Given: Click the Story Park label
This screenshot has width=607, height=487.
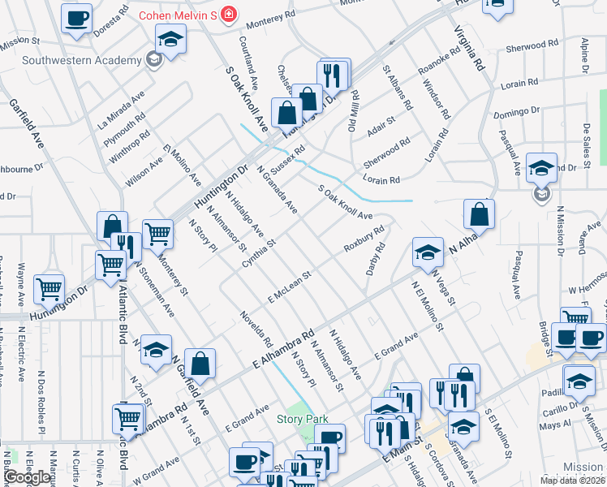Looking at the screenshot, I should (302, 419).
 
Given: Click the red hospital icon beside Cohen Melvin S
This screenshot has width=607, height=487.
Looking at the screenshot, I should (229, 15).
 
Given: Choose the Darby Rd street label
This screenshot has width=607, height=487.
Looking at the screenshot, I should (375, 258).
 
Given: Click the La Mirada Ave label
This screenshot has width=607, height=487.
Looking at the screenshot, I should (121, 109).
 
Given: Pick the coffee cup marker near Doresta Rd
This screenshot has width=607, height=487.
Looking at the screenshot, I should (76, 18).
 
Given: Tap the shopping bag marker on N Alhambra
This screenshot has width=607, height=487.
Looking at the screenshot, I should (480, 213).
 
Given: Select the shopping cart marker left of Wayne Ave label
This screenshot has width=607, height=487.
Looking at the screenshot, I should (50, 288).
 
